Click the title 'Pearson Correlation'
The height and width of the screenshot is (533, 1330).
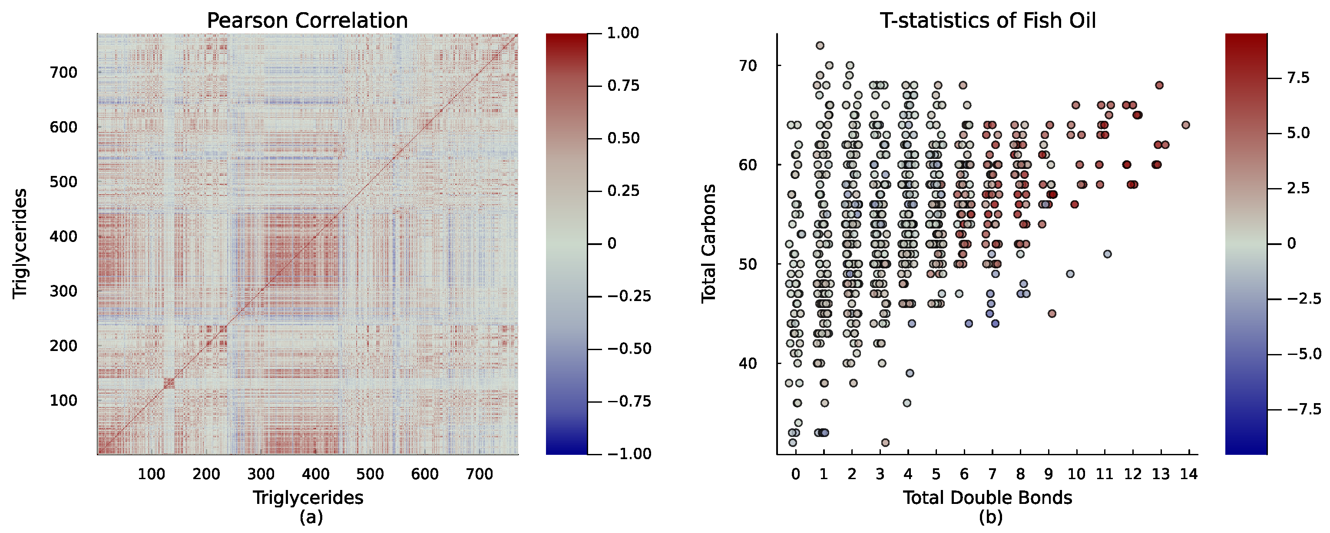(307, 21)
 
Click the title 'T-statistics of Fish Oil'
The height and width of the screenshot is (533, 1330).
(987, 21)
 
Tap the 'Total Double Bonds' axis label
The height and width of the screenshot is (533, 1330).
(987, 497)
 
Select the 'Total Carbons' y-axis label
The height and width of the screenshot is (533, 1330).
(709, 244)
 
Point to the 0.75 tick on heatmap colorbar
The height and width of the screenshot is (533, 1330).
(623, 86)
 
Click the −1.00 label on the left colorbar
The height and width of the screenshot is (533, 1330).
(629, 454)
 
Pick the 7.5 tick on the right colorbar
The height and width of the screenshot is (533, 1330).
(1298, 78)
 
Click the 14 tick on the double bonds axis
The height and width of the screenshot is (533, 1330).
(1189, 473)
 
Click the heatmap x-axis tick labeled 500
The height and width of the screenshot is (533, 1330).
(370, 473)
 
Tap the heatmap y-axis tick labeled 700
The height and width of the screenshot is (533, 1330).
(63, 72)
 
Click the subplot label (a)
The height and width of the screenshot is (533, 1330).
(311, 516)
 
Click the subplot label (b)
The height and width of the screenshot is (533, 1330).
(990, 516)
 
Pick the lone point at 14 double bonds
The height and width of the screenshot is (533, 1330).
(1185, 125)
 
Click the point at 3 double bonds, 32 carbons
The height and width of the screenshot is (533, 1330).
(885, 443)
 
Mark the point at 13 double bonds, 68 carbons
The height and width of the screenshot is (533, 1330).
(1159, 85)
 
